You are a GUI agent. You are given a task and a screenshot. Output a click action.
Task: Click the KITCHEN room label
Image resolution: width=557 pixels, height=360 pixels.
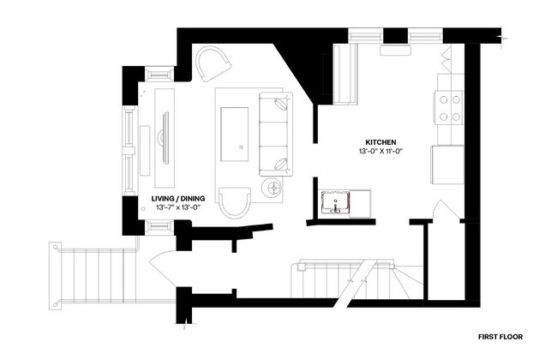point(380,142)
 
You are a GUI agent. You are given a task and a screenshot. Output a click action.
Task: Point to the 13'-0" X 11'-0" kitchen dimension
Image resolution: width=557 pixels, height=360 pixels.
point(380,151)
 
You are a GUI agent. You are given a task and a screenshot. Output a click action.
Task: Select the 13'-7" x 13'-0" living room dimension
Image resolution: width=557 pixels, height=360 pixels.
point(176,207)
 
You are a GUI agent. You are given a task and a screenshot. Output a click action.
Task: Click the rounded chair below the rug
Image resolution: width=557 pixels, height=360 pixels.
point(233,204)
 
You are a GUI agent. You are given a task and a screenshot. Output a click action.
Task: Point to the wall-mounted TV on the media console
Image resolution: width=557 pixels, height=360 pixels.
point(165,137)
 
